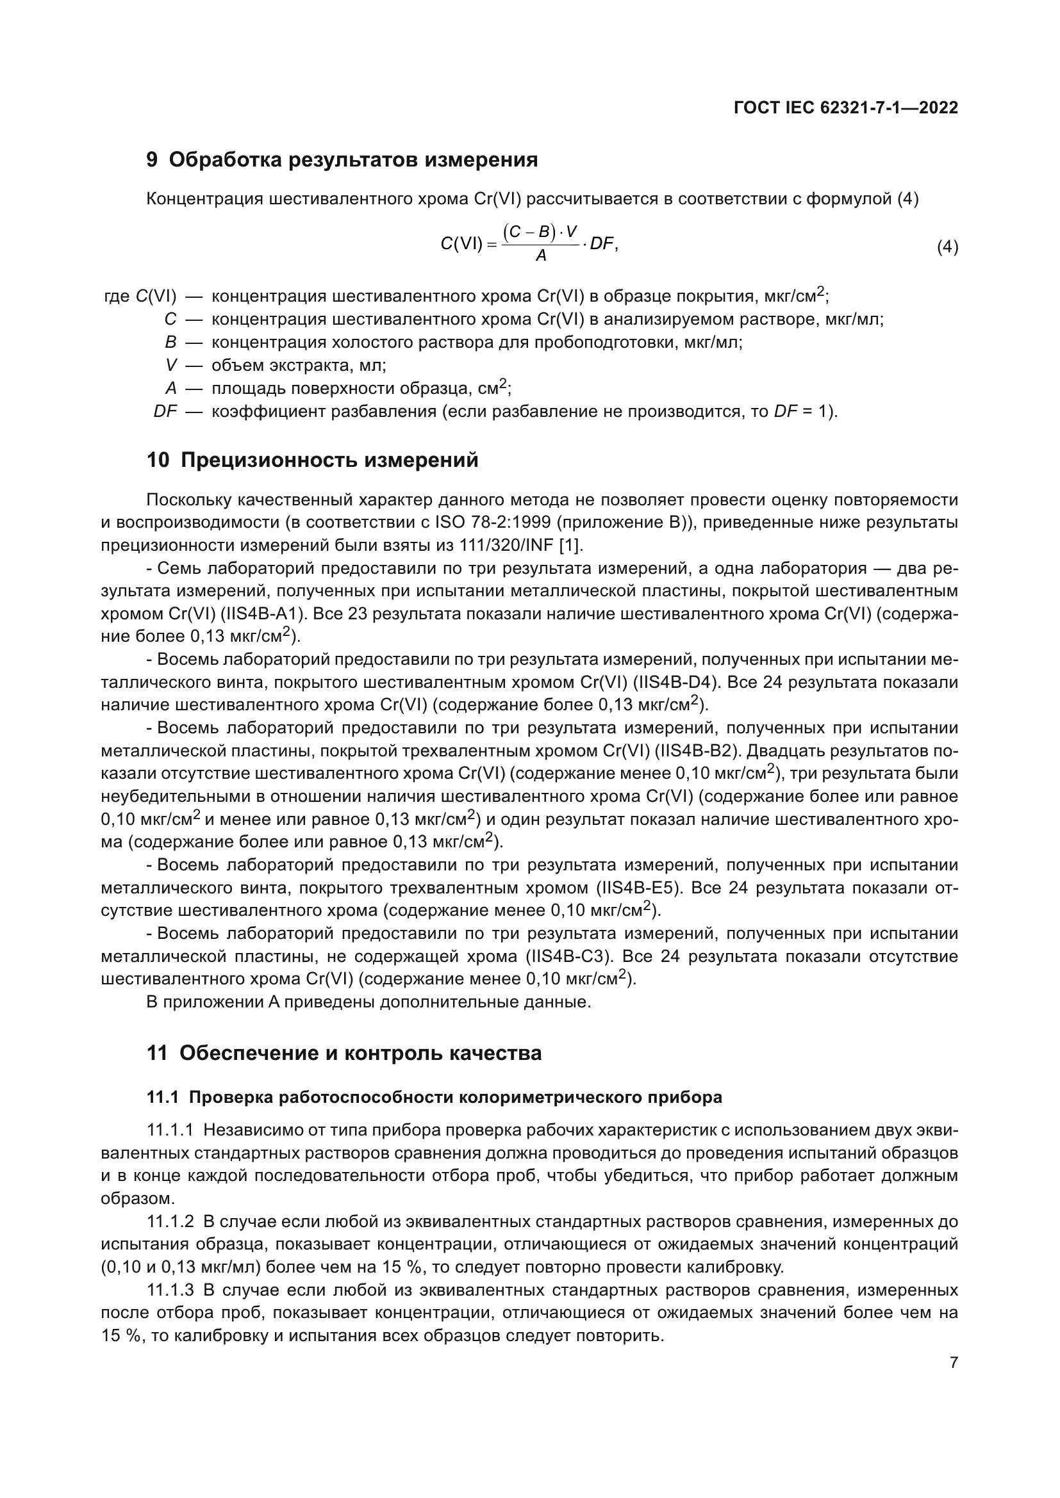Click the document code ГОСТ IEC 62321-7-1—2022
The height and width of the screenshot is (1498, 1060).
[x=845, y=108]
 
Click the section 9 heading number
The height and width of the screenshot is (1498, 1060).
[x=152, y=160]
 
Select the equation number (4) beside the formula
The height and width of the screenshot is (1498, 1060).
[x=947, y=248]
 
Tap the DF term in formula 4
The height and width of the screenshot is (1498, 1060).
[x=601, y=244]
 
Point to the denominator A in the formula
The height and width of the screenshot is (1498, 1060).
[x=540, y=256]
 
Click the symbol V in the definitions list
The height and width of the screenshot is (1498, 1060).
[x=171, y=365]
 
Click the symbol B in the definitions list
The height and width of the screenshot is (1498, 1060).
[x=171, y=343]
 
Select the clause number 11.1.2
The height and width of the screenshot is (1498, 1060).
[x=170, y=1221]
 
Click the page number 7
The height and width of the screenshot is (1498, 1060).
[x=954, y=1362]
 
